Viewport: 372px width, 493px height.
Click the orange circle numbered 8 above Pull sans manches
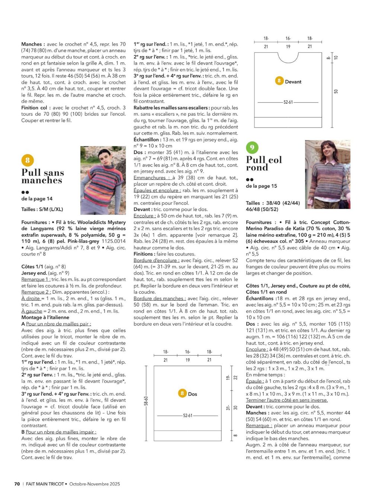28,160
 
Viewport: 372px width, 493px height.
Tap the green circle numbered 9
252,148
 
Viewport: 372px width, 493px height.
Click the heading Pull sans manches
42,177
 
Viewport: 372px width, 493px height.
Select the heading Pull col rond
264,164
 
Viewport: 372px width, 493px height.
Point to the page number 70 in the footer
17,484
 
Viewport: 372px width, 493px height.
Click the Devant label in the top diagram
293,82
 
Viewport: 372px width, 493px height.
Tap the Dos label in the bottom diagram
192,394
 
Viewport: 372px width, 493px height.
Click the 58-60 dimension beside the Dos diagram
146,403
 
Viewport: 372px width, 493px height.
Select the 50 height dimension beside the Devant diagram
336,91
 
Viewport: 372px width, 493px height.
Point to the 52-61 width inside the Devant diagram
288,102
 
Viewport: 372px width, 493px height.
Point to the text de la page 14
37,199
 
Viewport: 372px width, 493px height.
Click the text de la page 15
261,186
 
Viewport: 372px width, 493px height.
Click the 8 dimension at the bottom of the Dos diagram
235,435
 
